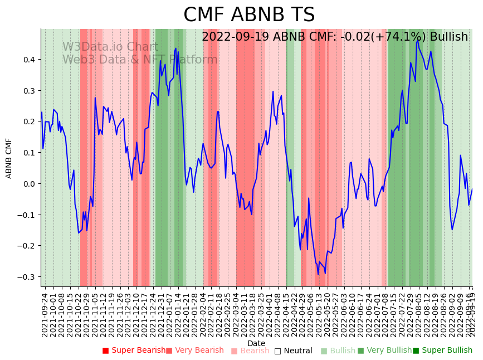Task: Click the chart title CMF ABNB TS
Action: (249, 15)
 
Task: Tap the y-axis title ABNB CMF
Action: (9, 158)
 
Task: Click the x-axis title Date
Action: (256, 343)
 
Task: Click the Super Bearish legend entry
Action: (134, 351)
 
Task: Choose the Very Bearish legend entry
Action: (195, 351)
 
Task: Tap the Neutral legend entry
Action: (294, 351)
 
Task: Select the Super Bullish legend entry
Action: (443, 351)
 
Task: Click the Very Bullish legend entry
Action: (384, 351)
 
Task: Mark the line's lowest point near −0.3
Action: (318, 274)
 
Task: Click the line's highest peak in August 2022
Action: (418, 41)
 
